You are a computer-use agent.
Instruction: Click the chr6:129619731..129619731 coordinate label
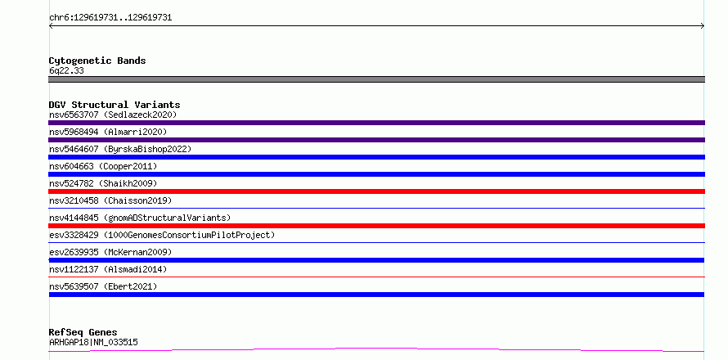[110, 18]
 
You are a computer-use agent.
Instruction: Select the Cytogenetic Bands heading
[97, 61]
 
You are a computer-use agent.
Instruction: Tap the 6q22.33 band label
[66, 71]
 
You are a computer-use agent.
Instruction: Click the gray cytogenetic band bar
[376, 79]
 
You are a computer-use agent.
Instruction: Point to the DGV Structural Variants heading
[115, 105]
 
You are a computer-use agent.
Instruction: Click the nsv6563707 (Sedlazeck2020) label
[113, 115]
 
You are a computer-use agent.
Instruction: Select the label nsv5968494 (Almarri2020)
[108, 132]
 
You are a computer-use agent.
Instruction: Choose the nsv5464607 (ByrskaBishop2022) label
[120, 149]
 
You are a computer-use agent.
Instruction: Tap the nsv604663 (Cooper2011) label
[103, 166]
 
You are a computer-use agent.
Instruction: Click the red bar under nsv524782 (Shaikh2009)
[376, 191]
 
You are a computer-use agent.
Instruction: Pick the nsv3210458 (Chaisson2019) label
[110, 200]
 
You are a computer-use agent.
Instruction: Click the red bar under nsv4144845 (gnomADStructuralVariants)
[376, 226]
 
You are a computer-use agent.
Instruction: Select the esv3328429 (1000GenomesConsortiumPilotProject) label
[162, 235]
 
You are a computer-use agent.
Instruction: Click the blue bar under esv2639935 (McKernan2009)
[376, 260]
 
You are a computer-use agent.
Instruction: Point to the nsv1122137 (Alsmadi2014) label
[108, 269]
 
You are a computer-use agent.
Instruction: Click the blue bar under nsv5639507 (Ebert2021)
[376, 295]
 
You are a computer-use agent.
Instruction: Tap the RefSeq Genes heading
[83, 332]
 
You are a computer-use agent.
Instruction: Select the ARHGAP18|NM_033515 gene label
[93, 343]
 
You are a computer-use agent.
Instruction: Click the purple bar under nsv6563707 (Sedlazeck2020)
[376, 123]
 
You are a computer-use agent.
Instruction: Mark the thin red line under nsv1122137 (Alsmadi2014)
[376, 277]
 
